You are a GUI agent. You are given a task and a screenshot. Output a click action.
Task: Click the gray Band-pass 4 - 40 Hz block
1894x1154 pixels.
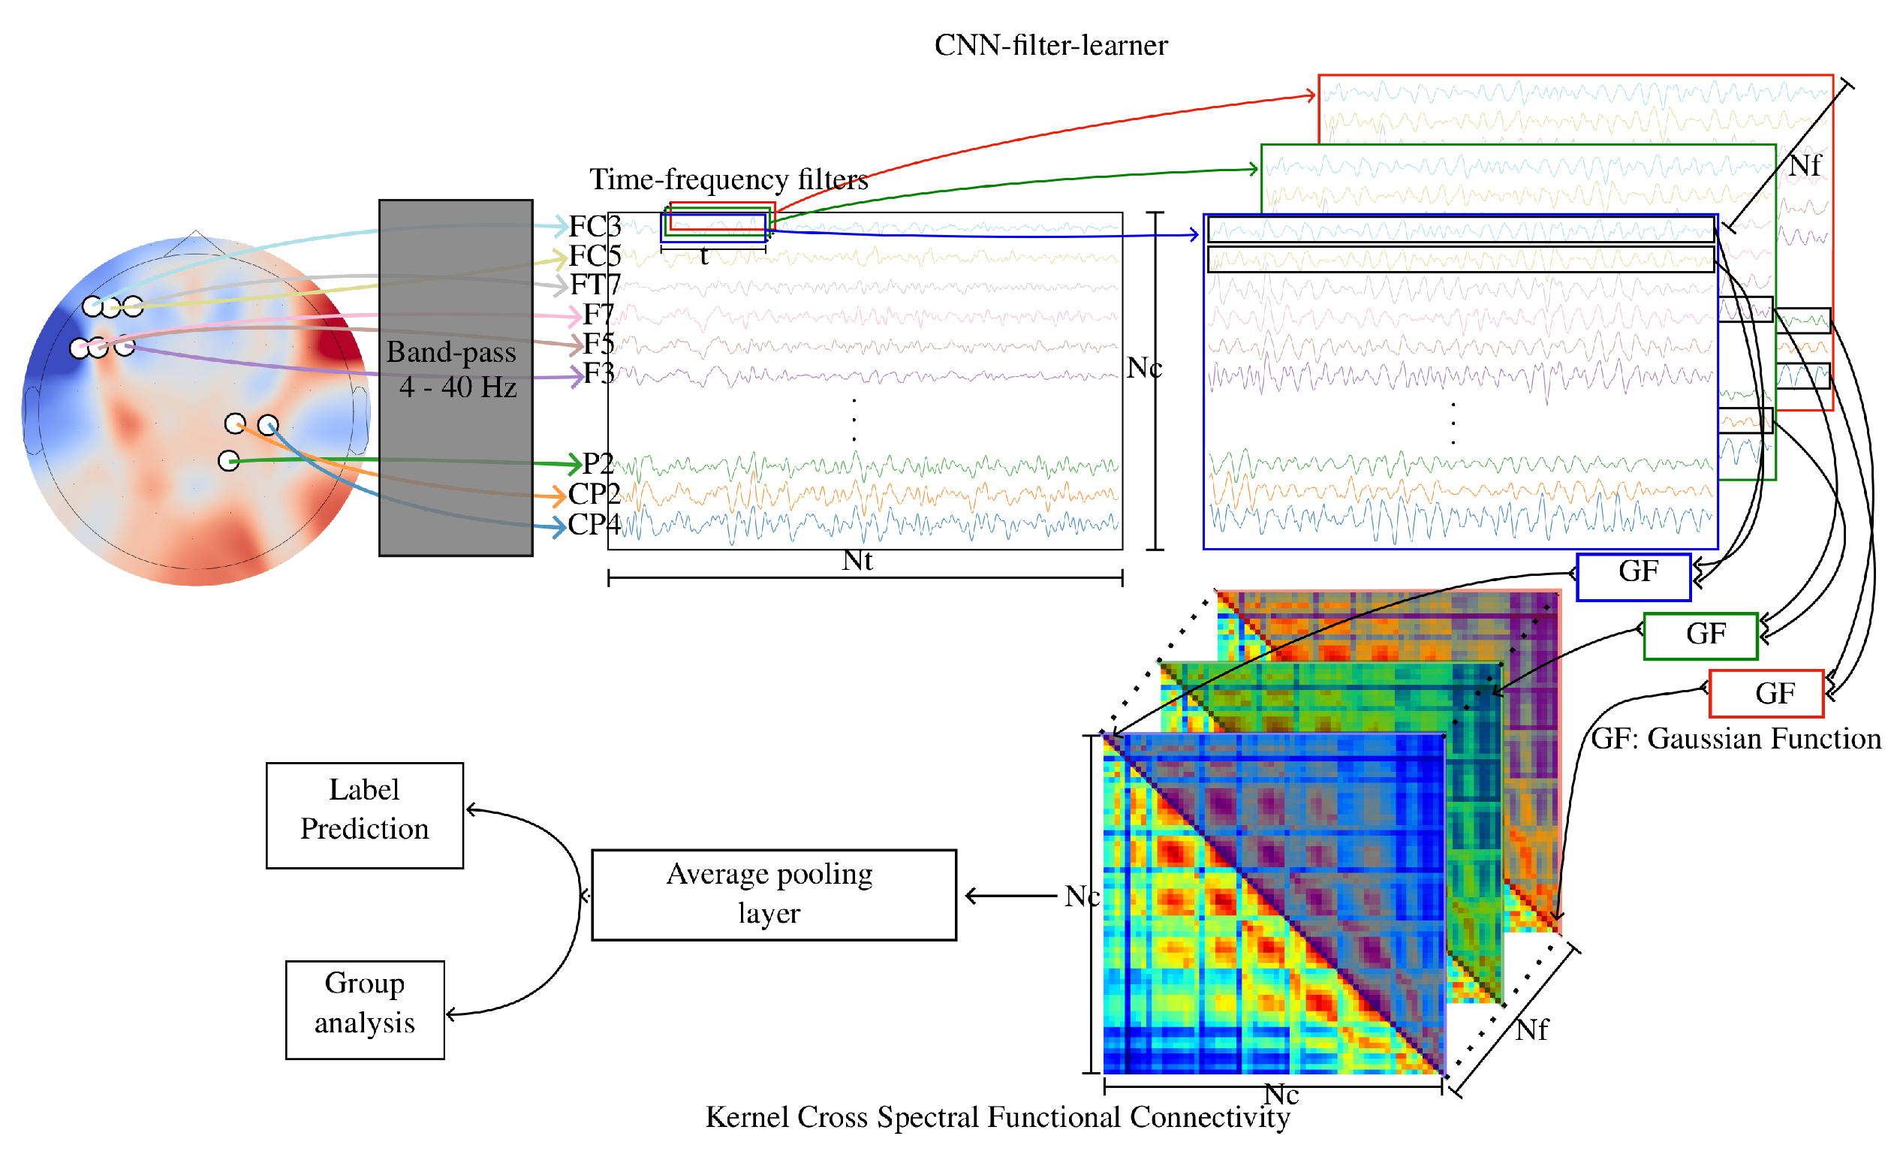coord(455,377)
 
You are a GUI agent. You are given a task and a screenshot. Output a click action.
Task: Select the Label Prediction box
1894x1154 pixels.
coord(364,815)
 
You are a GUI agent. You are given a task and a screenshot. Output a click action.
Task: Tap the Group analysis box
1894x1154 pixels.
coord(364,1009)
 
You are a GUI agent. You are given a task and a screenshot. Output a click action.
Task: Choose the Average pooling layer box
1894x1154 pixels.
coord(773,894)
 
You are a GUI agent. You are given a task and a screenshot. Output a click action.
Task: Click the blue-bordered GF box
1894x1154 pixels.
coord(1634,577)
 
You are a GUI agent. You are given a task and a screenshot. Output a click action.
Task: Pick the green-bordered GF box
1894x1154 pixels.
coord(1700,636)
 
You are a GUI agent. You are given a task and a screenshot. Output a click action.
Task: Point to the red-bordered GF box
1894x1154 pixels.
coord(1766,693)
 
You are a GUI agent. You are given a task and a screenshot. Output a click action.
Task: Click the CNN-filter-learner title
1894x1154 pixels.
coord(1051,45)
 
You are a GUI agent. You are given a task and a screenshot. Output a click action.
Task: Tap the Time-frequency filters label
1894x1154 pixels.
coord(728,179)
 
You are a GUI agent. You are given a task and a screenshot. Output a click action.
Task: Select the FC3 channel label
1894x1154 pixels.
coord(595,226)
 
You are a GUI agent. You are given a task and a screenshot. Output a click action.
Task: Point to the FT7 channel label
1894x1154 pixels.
coord(595,285)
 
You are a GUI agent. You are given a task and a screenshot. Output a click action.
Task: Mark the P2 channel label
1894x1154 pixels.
coord(598,463)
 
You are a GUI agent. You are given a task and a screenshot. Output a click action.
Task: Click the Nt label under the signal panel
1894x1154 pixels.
coord(857,560)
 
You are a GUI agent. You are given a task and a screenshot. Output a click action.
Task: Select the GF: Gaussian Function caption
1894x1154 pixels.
coord(1736,738)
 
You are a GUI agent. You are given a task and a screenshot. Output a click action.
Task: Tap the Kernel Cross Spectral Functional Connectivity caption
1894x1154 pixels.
coord(997,1116)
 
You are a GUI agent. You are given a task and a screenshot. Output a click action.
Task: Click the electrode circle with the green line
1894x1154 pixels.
coord(228,460)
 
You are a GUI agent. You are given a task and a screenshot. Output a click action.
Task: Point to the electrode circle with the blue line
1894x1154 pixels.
coord(267,424)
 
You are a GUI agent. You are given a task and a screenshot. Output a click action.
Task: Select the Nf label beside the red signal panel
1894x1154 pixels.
coord(1804,165)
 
